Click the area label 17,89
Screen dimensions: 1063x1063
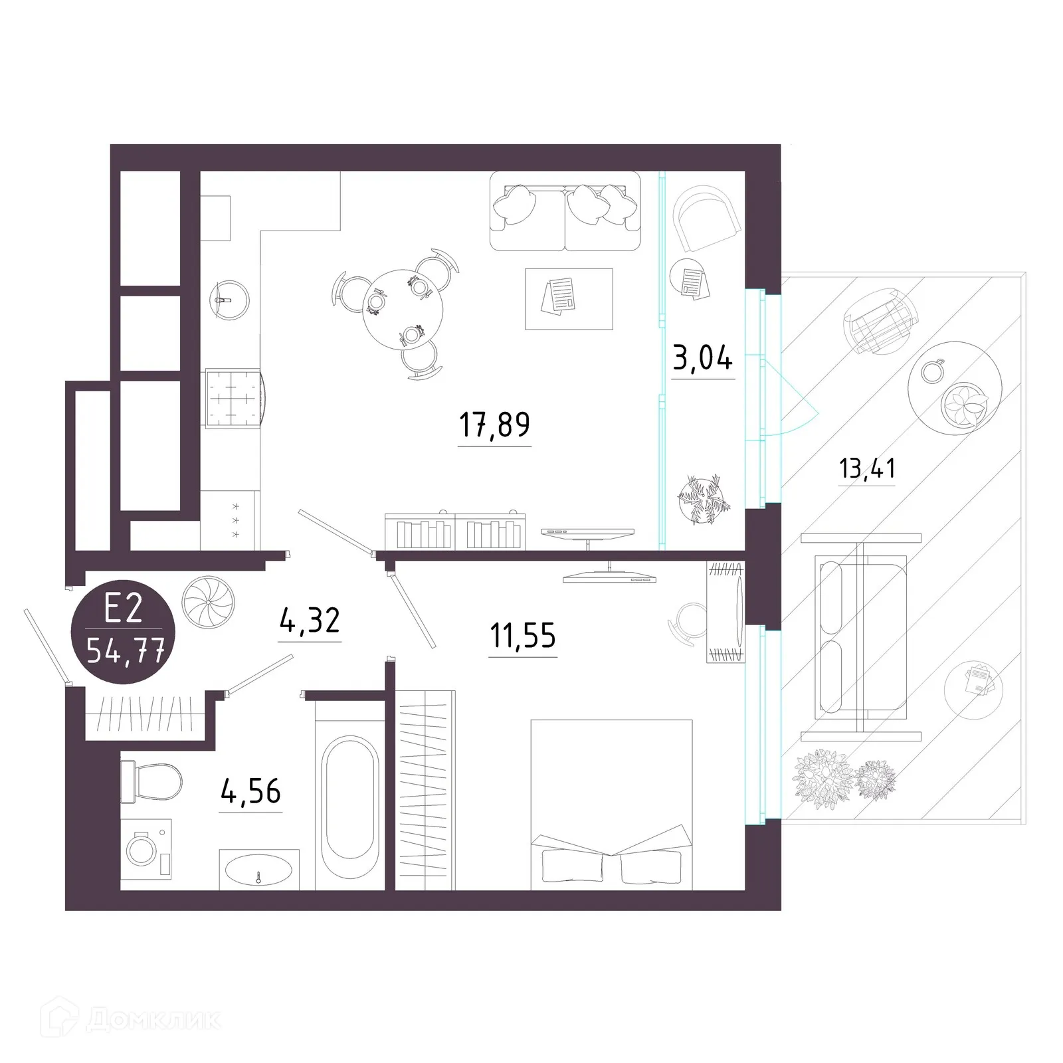(x=494, y=425)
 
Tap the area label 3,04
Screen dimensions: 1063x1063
(x=702, y=359)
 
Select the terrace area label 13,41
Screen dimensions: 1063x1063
(x=867, y=468)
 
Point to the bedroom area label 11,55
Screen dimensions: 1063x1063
(x=522, y=636)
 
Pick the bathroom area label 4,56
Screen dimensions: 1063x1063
(x=251, y=791)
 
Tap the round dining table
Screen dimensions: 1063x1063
(x=403, y=308)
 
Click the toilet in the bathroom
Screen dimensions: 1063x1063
(x=151, y=781)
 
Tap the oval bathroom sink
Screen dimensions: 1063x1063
(x=258, y=869)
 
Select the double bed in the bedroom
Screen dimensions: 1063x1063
(x=611, y=804)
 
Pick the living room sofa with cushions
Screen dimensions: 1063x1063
(x=565, y=211)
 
